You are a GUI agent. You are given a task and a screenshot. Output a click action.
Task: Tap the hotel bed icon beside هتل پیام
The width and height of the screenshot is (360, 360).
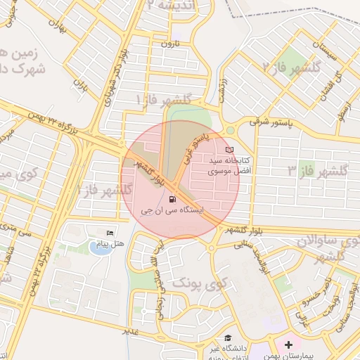(x=109, y=233)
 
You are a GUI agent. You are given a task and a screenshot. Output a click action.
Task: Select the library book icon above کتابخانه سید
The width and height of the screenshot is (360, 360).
(x=229, y=150)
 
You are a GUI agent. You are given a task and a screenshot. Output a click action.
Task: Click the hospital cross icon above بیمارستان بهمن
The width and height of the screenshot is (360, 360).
(x=289, y=346)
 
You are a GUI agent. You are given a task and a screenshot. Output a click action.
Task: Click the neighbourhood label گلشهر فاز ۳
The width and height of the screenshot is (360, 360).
(x=319, y=171)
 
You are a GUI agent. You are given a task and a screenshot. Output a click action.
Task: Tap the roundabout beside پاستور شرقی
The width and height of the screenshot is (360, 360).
(x=230, y=129)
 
